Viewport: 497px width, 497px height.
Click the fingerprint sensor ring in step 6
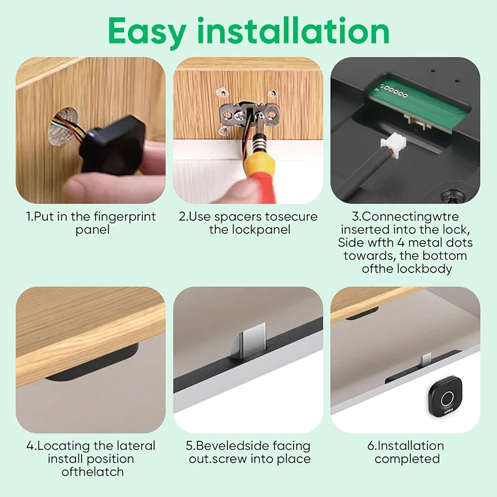(x=448, y=399)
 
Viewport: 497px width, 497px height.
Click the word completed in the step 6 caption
(x=407, y=459)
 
